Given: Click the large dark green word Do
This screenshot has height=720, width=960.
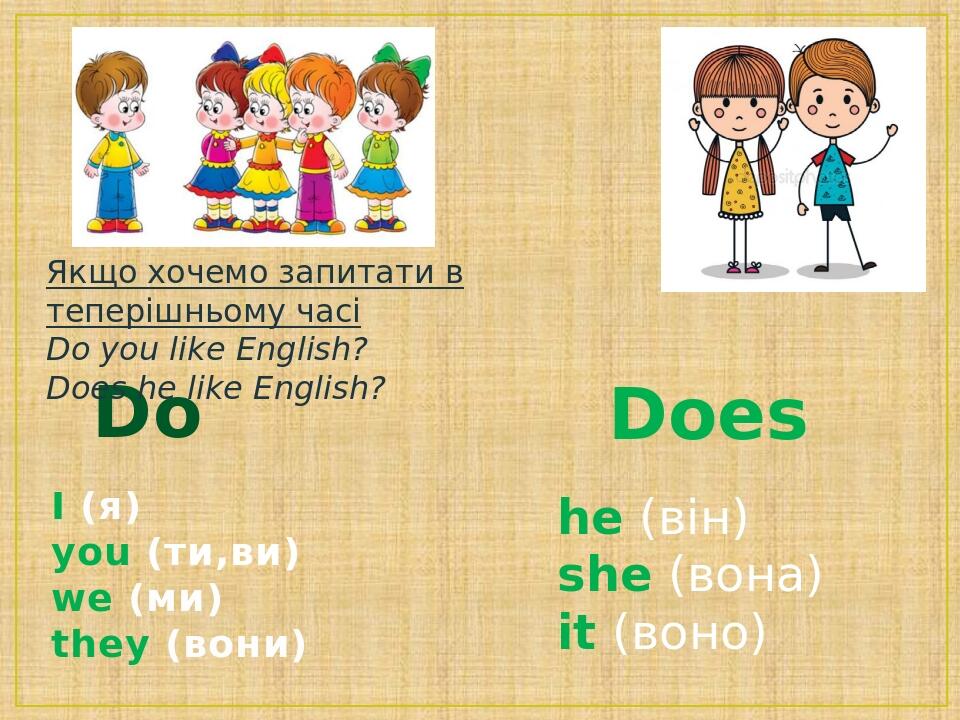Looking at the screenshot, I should pyautogui.click(x=147, y=416).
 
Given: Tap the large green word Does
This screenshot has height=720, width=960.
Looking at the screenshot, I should pyautogui.click(x=708, y=416).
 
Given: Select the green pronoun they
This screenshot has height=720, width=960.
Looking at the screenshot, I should pyautogui.click(x=100, y=645).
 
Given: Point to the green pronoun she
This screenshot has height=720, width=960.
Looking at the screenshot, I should pyautogui.click(x=604, y=576).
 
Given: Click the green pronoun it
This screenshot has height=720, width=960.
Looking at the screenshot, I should pyautogui.click(x=576, y=634).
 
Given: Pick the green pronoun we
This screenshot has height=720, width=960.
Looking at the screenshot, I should pyautogui.click(x=82, y=599).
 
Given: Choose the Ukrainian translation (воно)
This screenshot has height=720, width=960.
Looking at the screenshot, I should pyautogui.click(x=689, y=634).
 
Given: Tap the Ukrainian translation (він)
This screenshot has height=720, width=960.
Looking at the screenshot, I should pyautogui.click(x=693, y=519).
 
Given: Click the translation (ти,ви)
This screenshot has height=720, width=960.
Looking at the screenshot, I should pyautogui.click(x=223, y=553).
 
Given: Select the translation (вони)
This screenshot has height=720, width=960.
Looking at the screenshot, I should pyautogui.click(x=236, y=645).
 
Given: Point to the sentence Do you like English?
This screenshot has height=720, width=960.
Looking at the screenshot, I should pyautogui.click(x=207, y=350).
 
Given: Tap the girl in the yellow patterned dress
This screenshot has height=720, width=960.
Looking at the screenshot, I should pyautogui.click(x=738, y=150).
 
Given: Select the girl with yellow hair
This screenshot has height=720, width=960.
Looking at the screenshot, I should pyautogui.click(x=264, y=140).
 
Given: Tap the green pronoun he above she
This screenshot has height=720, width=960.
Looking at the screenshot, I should pyautogui.click(x=590, y=519).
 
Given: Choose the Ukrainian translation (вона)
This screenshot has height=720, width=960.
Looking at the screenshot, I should pyautogui.click(x=745, y=576).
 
